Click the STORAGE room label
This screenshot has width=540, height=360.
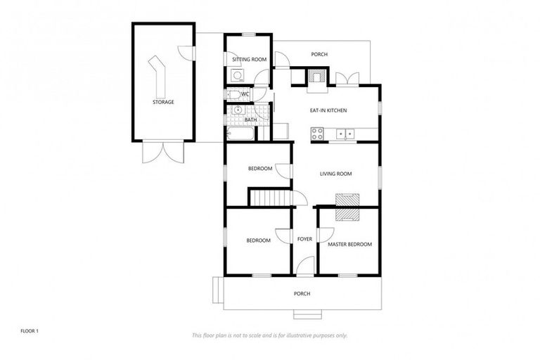(x=163, y=102)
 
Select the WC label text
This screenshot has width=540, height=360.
(x=245, y=94)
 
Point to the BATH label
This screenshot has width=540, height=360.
(x=250, y=120)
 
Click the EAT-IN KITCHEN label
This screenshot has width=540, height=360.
(x=328, y=110)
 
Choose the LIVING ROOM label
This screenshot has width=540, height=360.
(x=335, y=174)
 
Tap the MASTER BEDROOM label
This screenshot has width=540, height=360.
(x=349, y=244)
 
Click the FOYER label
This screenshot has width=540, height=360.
(x=304, y=239)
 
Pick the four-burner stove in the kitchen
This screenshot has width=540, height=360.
(x=317, y=131)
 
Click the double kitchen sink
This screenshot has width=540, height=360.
(x=345, y=131)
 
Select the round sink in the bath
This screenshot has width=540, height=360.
(x=238, y=110)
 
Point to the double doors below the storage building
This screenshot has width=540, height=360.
(x=162, y=151)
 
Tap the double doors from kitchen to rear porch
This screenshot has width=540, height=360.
(x=346, y=78)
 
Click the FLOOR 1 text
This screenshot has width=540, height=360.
(x=29, y=330)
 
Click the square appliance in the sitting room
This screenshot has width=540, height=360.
(x=237, y=75)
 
